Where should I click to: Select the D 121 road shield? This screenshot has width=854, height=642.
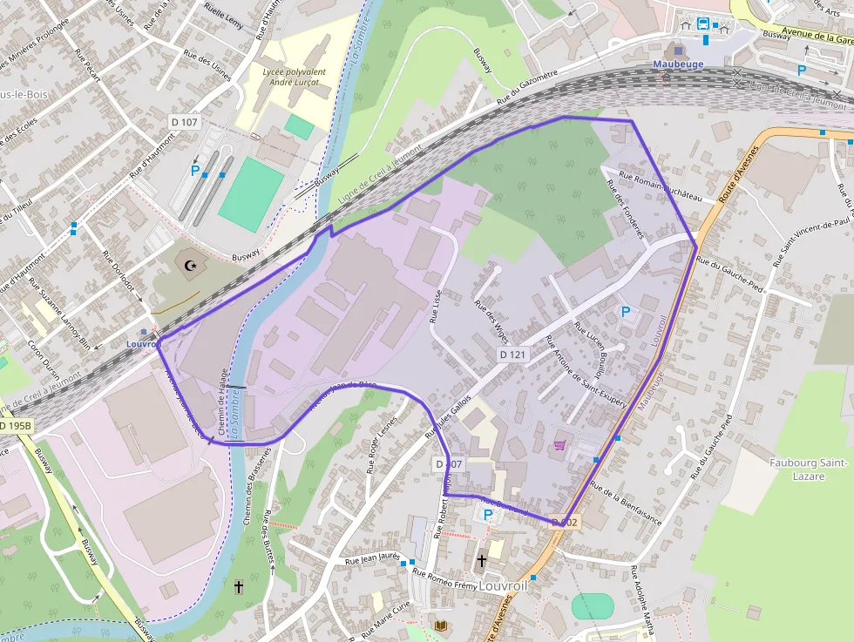pyautogui.click(x=514, y=355)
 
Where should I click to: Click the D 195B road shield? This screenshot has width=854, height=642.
pyautogui.click(x=15, y=426)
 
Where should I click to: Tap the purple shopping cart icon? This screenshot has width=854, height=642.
pyautogui.click(x=559, y=445)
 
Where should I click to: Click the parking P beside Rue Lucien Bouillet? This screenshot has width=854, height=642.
pyautogui.click(x=624, y=310)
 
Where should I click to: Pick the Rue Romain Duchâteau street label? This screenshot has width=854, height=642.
pyautogui.click(x=660, y=186)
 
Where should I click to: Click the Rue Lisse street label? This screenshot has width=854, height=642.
pyautogui.click(x=437, y=306)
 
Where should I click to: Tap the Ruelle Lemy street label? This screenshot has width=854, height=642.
pyautogui.click(x=223, y=16)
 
